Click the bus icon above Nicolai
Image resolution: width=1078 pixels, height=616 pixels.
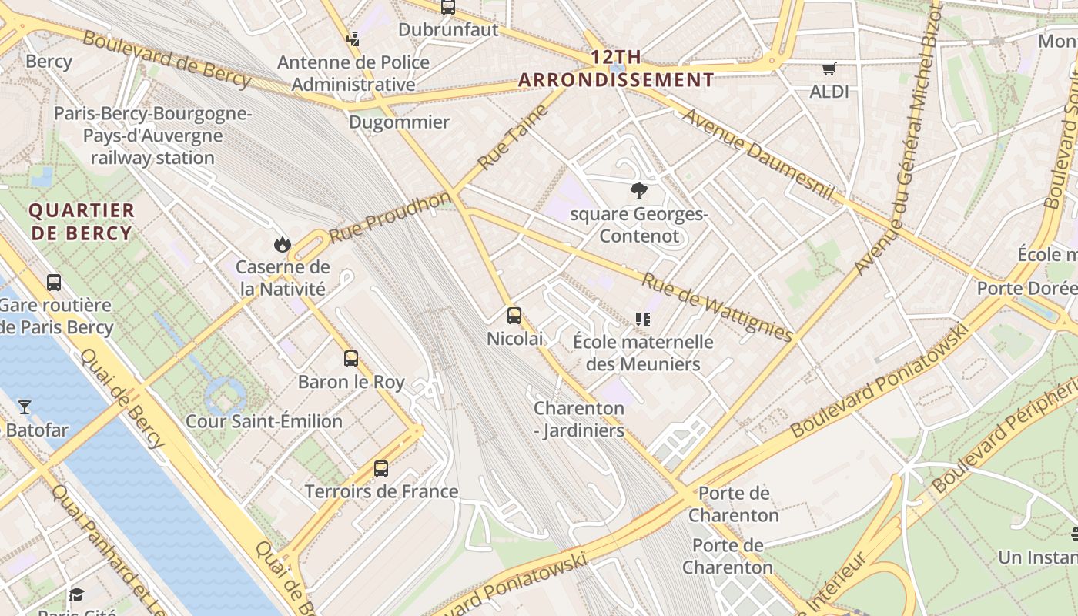click(x=514, y=315)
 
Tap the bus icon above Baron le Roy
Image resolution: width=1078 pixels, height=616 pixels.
click(x=351, y=358)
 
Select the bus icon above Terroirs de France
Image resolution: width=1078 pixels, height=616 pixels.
click(x=380, y=468)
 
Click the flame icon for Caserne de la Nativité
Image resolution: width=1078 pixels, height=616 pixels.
click(x=283, y=244)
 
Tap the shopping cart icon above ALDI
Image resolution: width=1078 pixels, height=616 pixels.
click(x=829, y=69)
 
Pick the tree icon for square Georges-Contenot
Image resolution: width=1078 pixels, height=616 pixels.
click(x=638, y=191)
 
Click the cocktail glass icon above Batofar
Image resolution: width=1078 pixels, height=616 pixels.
click(x=25, y=407)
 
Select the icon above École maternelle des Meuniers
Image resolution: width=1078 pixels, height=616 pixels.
click(x=643, y=319)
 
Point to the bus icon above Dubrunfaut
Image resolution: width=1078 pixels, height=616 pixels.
click(x=448, y=8)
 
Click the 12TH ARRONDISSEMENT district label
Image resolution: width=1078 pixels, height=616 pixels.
click(x=616, y=69)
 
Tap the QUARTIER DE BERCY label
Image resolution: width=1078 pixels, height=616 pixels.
click(x=82, y=222)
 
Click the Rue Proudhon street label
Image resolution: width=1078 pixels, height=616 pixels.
click(x=390, y=217)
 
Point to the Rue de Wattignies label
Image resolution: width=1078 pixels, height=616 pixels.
click(x=717, y=307)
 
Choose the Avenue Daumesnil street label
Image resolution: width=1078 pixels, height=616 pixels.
click(x=758, y=154)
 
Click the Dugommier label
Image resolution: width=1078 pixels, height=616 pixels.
click(x=399, y=122)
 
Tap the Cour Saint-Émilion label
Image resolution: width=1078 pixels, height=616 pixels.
click(x=264, y=421)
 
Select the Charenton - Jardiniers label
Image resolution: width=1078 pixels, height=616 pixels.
click(x=579, y=420)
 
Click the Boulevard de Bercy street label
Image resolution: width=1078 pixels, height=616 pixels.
click(x=166, y=59)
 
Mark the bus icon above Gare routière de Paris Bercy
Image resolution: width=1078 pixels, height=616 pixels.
click(x=54, y=282)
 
